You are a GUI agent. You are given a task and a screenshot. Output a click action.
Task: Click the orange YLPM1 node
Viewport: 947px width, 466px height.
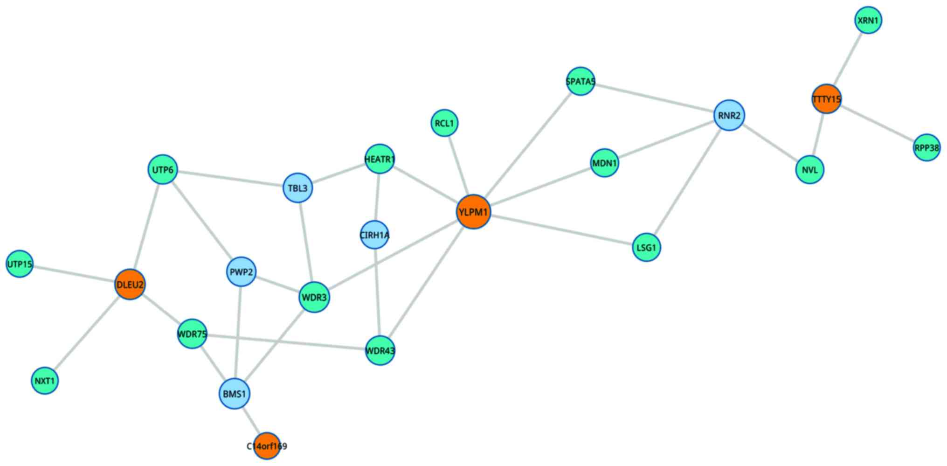(474, 212)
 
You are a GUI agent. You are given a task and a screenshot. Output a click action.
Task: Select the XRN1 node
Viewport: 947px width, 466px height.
(868, 21)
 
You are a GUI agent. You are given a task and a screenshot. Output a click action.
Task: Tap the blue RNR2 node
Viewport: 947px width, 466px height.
(729, 115)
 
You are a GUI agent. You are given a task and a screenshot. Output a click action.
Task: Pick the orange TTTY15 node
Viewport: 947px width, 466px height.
(826, 99)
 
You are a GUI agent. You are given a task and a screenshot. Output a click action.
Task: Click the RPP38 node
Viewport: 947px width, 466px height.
(926, 148)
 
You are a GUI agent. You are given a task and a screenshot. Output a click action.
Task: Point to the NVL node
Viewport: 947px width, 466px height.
(810, 170)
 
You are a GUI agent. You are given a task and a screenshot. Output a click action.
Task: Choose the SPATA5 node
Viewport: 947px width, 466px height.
(580, 82)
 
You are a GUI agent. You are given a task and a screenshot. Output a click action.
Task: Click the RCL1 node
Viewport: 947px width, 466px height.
(444, 123)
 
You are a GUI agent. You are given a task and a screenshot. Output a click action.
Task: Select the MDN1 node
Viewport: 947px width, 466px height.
(604, 163)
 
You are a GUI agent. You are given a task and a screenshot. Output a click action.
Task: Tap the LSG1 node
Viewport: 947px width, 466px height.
(646, 247)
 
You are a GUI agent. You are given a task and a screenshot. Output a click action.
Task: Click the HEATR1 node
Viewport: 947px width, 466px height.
(380, 159)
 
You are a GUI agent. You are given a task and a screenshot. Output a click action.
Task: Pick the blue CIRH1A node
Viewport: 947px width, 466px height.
(374, 235)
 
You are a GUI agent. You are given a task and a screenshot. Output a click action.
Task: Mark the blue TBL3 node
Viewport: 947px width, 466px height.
(297, 188)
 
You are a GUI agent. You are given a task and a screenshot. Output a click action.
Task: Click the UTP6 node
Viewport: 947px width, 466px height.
(162, 170)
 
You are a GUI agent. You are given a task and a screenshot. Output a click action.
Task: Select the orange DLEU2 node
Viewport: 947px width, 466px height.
(130, 284)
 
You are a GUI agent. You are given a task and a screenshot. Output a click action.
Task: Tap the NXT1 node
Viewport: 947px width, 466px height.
(45, 381)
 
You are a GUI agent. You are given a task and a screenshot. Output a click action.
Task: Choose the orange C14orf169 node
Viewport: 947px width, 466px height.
(267, 446)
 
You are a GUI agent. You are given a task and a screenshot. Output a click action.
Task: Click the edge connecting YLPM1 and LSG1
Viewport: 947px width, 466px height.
(560, 230)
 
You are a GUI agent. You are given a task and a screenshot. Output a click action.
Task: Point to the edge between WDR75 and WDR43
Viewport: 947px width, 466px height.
(287, 342)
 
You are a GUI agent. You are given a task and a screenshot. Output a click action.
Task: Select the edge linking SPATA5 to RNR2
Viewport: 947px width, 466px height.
(654, 98)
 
